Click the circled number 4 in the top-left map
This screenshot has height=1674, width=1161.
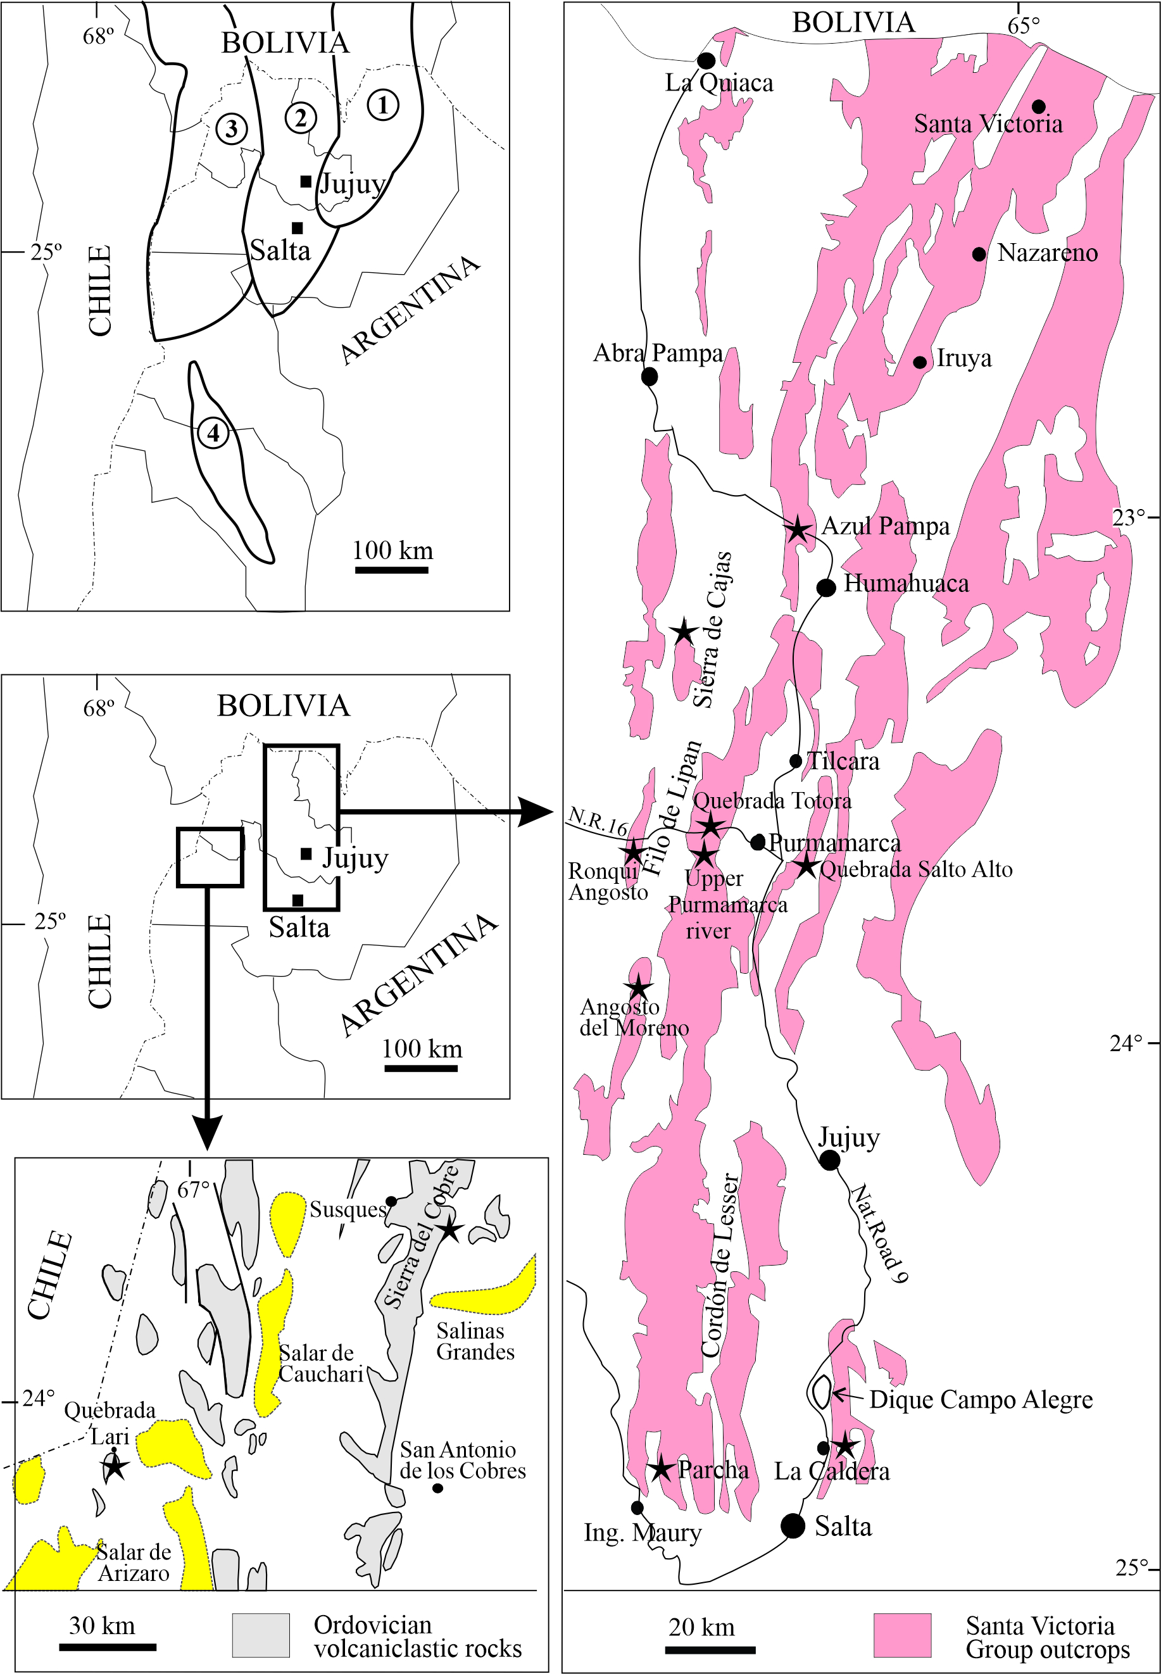coord(213,434)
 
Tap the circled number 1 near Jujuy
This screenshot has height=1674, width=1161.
coord(382,104)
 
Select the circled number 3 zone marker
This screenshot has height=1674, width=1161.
coord(231,129)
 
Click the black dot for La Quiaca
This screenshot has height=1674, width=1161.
coord(706,60)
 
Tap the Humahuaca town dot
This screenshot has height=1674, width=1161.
coord(825,587)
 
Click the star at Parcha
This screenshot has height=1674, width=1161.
coord(660,1468)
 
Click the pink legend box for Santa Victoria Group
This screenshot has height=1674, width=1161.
coord(902,1635)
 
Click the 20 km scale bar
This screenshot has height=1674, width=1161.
coord(710,1650)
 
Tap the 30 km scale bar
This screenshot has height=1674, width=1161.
coord(108,1647)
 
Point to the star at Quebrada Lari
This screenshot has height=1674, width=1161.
coord(114,1467)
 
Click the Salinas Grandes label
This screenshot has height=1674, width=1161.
coord(475,1341)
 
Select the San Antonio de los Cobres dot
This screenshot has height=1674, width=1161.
coord(437,1488)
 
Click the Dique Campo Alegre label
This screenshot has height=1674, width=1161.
coord(981,1399)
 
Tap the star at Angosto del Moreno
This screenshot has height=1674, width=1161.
coord(638,987)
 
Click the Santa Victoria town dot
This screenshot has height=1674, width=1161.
coord(1039,107)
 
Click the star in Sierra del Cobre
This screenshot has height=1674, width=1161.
coord(449,1229)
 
